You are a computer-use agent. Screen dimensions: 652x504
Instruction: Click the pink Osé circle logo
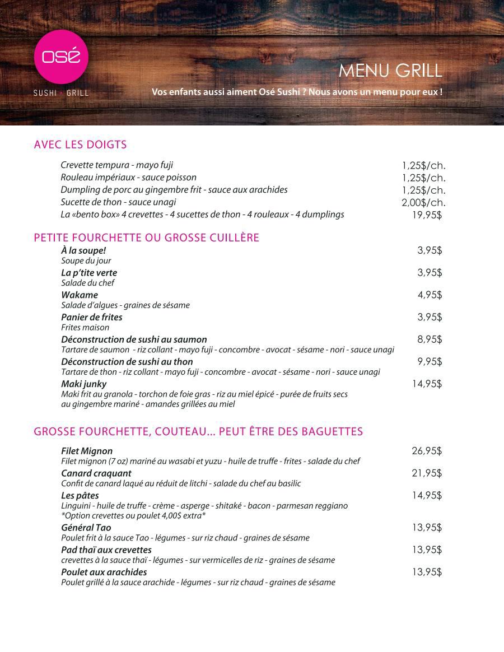tap(61, 57)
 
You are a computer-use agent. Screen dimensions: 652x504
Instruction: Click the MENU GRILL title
tap(390, 71)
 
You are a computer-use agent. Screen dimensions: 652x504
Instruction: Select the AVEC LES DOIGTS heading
tap(80, 145)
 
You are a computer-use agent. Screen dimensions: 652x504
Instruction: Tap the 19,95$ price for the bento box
tap(427, 215)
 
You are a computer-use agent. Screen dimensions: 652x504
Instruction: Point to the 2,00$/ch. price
tap(423, 202)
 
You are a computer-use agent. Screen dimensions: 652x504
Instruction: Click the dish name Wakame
tap(80, 295)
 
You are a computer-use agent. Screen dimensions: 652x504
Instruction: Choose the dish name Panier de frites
tap(92, 317)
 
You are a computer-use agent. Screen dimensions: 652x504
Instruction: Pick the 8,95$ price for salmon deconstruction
tap(430, 339)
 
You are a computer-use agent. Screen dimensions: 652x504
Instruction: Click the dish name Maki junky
tap(83, 384)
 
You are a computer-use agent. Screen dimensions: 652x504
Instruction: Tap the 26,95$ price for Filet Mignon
tap(427, 451)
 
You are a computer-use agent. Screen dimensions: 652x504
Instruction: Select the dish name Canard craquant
tap(96, 473)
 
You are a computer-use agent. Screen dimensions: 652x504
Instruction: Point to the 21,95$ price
tap(427, 473)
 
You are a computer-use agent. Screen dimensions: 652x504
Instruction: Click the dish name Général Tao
tap(86, 528)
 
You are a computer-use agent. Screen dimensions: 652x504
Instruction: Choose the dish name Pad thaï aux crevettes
tap(106, 549)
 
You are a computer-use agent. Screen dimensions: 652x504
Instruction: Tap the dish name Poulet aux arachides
tap(104, 572)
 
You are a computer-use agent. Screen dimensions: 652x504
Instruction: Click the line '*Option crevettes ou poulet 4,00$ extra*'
tap(133, 515)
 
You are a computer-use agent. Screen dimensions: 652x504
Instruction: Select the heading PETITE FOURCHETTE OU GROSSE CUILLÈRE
tap(146, 238)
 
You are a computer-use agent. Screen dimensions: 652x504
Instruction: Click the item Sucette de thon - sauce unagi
tap(118, 202)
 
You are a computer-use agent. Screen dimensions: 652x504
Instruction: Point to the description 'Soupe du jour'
tap(86, 260)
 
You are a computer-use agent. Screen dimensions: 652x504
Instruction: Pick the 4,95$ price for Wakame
tap(430, 295)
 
